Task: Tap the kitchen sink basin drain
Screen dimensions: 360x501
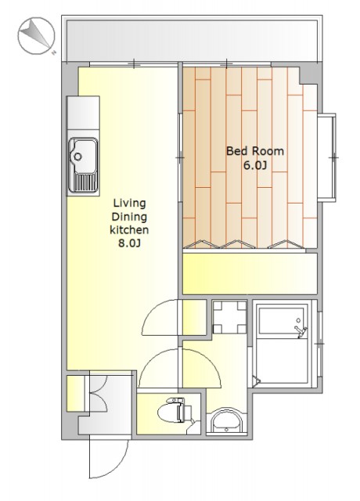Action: pyautogui.click(x=77, y=157)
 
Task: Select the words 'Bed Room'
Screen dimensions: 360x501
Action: pyautogui.click(x=255, y=151)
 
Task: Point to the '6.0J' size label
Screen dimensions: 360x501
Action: pyautogui.click(x=255, y=165)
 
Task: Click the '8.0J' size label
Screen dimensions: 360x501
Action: pyautogui.click(x=129, y=243)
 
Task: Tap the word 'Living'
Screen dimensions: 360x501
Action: pyautogui.click(x=130, y=203)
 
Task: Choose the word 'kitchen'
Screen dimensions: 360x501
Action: pyautogui.click(x=129, y=229)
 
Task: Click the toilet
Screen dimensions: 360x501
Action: pyautogui.click(x=175, y=410)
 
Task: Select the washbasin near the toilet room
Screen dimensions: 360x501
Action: pyautogui.click(x=227, y=421)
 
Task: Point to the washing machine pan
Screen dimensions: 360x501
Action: pyautogui.click(x=229, y=317)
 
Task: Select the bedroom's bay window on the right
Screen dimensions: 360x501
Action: pyautogui.click(x=327, y=157)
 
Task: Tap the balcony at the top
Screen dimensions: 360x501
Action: pyautogui.click(x=192, y=40)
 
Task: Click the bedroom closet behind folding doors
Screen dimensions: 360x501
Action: pyautogui.click(x=250, y=273)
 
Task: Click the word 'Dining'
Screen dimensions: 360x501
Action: pyautogui.click(x=129, y=217)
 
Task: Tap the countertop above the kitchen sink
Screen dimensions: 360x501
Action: pyautogui.click(x=83, y=113)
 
